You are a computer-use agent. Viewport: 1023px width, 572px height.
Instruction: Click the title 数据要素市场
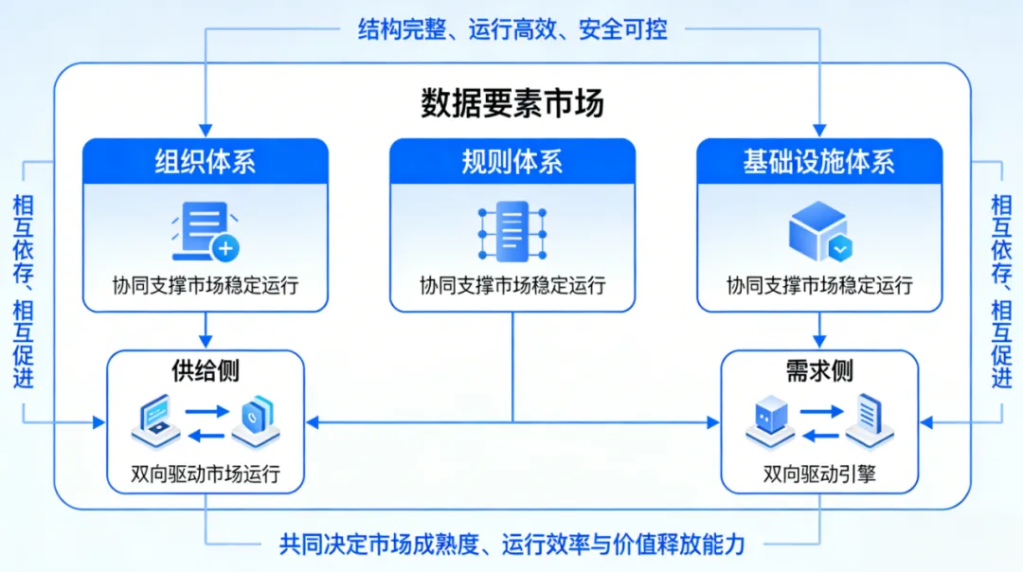click(x=511, y=103)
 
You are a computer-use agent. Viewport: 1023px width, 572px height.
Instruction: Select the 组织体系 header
click(x=206, y=162)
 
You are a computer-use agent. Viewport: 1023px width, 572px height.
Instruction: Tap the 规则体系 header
click(x=512, y=162)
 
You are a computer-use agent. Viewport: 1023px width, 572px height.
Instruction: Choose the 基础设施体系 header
click(x=819, y=162)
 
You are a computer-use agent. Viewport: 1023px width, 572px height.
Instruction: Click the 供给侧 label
click(x=206, y=370)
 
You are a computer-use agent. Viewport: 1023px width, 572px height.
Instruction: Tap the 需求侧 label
click(x=819, y=370)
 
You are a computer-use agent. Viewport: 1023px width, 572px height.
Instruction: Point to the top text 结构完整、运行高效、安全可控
click(x=512, y=29)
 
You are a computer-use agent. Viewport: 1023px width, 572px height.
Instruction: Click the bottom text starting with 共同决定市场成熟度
click(x=512, y=545)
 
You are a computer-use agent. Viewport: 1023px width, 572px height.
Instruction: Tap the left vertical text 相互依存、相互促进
click(x=24, y=291)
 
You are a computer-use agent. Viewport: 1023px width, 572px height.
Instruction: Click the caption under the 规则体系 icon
click(x=512, y=285)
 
